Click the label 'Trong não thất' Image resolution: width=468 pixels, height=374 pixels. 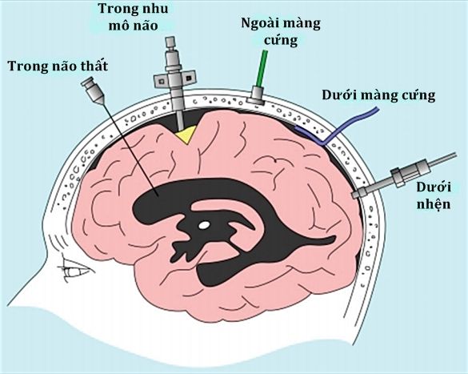58,66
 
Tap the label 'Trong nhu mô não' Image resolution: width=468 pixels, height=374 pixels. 133,17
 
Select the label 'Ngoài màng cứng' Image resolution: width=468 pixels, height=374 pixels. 281,32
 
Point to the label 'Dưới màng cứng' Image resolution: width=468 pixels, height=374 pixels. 378,95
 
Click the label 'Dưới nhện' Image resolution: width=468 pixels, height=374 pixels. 434,195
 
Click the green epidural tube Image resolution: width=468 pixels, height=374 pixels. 262,68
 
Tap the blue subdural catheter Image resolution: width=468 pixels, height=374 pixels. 338,128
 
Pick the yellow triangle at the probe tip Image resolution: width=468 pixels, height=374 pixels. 186,134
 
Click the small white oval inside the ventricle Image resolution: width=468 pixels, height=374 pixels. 204,224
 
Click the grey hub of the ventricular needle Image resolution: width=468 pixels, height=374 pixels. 93,90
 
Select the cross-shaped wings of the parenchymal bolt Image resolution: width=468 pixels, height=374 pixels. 174,79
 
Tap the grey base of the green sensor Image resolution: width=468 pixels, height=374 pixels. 256,95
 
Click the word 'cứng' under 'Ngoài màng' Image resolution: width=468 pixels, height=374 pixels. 281,41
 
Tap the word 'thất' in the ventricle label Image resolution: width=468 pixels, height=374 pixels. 94,66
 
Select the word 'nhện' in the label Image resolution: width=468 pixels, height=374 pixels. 434,203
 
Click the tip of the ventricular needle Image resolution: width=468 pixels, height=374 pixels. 158,195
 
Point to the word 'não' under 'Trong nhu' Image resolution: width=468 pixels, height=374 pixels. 145,25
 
